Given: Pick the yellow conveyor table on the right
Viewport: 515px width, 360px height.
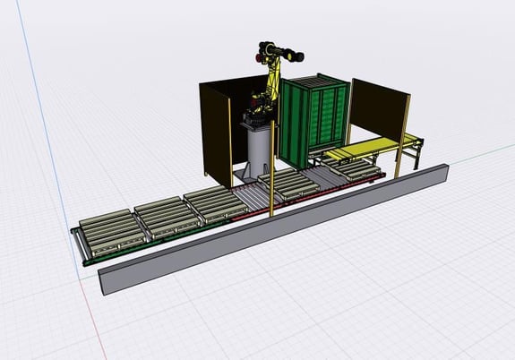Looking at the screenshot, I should coord(367,147).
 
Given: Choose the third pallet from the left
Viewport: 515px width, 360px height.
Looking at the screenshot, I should coord(214,203).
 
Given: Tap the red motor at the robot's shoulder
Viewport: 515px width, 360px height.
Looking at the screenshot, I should coord(260,59).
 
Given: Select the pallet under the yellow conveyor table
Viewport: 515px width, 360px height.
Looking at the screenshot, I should coord(354,167).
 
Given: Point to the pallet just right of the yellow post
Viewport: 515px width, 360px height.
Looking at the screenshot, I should coord(296,186).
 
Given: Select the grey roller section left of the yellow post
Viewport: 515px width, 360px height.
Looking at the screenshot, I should coord(251,195).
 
